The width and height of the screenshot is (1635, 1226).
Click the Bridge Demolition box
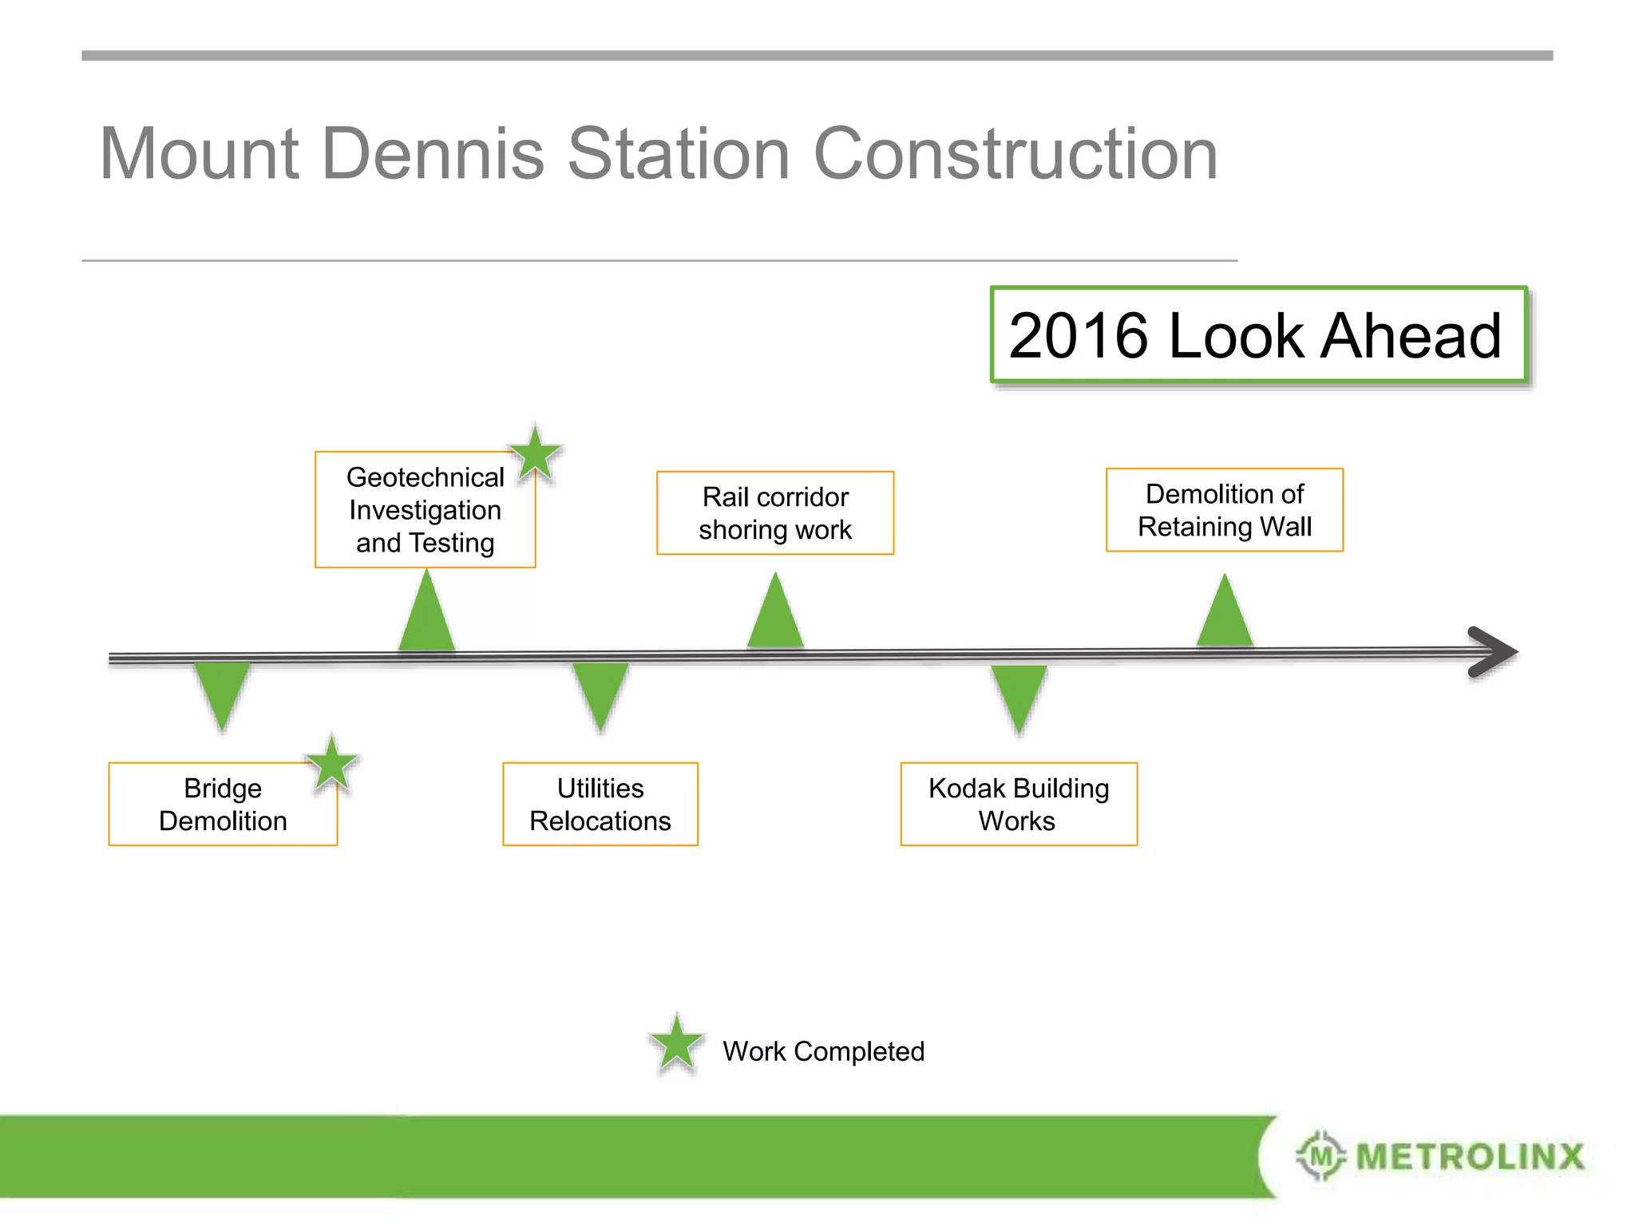[223, 804]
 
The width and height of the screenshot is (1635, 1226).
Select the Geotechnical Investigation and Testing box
[425, 510]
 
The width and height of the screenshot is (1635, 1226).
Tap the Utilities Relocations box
[600, 804]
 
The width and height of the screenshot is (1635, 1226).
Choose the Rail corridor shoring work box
[775, 513]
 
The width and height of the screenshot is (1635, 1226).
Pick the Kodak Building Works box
[1019, 804]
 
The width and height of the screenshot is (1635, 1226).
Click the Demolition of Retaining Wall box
[1225, 510]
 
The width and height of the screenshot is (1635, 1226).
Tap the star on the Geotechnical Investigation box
[536, 454]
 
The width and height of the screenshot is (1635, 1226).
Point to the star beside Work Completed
[677, 1044]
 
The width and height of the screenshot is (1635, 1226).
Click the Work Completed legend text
[823, 1051]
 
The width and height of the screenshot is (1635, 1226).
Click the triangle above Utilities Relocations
[600, 693]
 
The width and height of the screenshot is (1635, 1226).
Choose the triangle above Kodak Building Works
[1019, 695]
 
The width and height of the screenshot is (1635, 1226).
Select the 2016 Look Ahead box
[1258, 334]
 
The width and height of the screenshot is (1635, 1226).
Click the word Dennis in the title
[434, 153]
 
